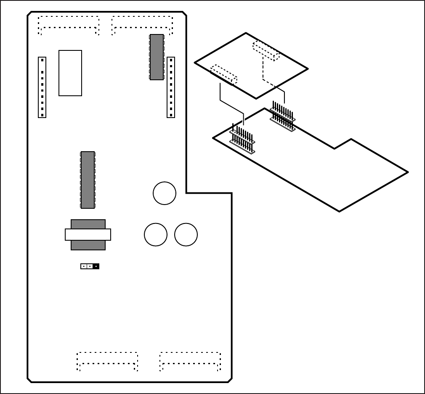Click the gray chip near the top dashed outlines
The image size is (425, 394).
[x=157, y=57]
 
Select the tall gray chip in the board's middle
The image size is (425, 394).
[x=88, y=180]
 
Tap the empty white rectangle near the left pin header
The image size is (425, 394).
[x=70, y=73]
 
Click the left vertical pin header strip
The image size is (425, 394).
[x=42, y=87]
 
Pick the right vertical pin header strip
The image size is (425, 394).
[x=171, y=87]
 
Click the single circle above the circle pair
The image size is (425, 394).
[x=165, y=193]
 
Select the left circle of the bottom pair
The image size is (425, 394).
[x=156, y=234]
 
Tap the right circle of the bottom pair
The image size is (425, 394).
[x=186, y=234]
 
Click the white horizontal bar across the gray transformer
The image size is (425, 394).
[x=88, y=234]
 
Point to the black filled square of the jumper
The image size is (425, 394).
[x=96, y=266]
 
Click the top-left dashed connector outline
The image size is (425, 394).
[x=69, y=25]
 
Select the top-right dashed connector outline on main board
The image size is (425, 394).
[x=142, y=25]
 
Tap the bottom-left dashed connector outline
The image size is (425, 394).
[x=107, y=361]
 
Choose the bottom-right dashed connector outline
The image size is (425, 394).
[x=190, y=361]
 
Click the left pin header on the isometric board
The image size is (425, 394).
[x=242, y=139]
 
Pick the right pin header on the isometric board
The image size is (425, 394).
[x=282, y=116]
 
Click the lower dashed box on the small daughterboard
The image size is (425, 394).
[x=224, y=74]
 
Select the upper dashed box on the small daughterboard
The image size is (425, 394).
[x=266, y=50]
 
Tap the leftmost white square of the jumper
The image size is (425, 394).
[x=84, y=266]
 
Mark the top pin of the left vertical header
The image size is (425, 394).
[x=42, y=60]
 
